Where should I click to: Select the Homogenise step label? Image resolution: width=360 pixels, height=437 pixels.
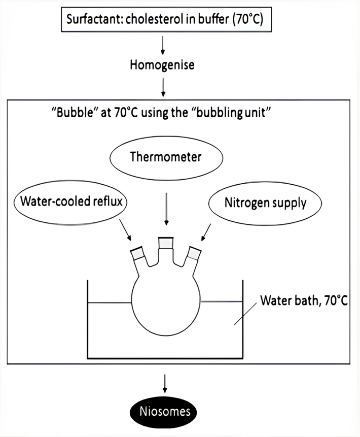pyautogui.click(x=162, y=65)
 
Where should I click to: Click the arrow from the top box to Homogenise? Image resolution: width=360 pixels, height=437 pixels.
pyautogui.click(x=163, y=45)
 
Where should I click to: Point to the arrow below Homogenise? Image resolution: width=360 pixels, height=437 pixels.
pyautogui.click(x=163, y=87)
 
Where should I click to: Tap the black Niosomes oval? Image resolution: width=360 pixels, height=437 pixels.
pyautogui.click(x=163, y=412)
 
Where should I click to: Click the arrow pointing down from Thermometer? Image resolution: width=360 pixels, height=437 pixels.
pyautogui.click(x=166, y=209)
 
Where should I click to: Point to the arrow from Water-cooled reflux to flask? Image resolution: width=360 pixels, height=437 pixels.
pyautogui.click(x=125, y=229)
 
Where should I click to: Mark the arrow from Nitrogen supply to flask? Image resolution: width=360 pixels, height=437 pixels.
pyautogui.click(x=206, y=232)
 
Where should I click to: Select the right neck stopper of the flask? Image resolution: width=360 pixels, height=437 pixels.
pyautogui.click(x=194, y=253)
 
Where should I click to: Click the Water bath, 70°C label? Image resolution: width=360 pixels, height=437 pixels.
pyautogui.click(x=304, y=300)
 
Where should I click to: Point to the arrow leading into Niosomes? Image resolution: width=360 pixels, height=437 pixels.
pyautogui.click(x=165, y=384)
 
